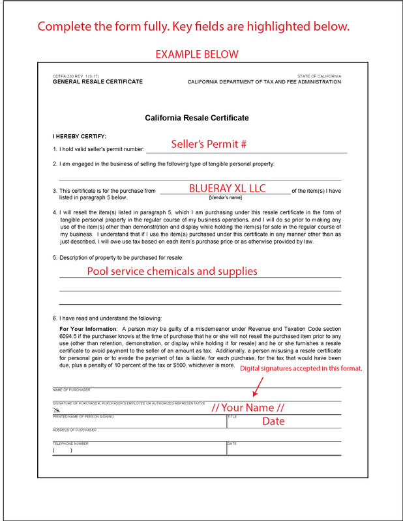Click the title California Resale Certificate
coord(196,118)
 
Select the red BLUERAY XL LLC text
coord(227,188)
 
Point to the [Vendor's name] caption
coord(226,197)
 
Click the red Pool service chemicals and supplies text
coord(172,271)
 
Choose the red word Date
coord(274,421)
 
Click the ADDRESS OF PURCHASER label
coord(74,430)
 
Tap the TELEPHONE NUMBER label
coord(70,444)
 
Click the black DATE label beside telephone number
coord(231,444)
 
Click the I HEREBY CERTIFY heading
coord(80,136)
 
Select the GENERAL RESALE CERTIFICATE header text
coord(97,82)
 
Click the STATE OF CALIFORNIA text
coord(319,76)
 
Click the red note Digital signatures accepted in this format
coord(301,369)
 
